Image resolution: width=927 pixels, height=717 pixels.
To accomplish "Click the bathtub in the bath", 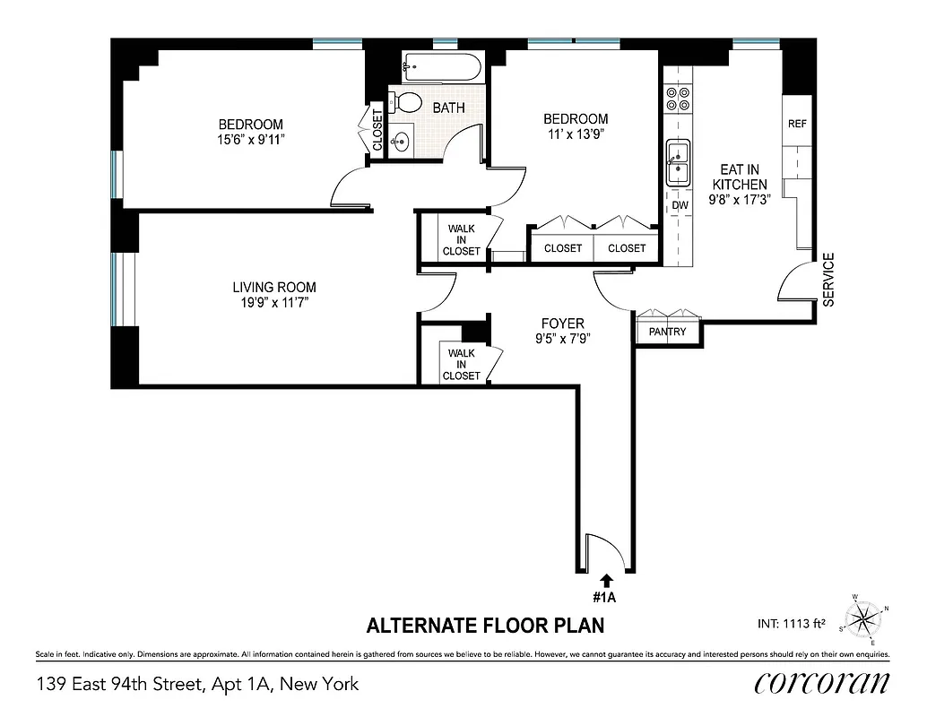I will click(x=443, y=65).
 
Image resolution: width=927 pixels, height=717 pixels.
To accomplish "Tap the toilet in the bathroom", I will click(x=407, y=101).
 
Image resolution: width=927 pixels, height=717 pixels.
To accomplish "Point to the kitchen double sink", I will click(x=679, y=163).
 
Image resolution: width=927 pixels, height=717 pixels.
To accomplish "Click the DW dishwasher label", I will click(x=680, y=204).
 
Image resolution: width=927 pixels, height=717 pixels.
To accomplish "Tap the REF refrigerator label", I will click(x=796, y=124).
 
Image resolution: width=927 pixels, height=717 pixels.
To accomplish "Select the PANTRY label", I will click(x=667, y=332).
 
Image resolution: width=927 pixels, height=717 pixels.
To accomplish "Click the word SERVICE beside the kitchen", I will click(x=828, y=280).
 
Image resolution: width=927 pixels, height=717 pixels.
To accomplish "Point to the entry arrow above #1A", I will click(x=606, y=580).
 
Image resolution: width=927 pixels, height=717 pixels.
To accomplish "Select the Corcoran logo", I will click(x=822, y=683).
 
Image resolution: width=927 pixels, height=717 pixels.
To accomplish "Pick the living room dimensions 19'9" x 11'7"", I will click(x=274, y=302).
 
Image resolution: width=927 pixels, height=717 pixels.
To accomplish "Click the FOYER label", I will click(x=562, y=324).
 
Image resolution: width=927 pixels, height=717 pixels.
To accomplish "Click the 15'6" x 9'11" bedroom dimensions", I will click(x=251, y=139).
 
